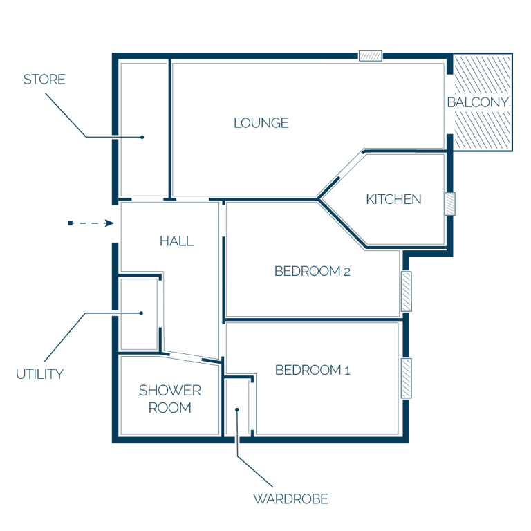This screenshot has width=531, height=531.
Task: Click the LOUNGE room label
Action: click(261, 123)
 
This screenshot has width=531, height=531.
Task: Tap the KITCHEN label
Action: click(394, 199)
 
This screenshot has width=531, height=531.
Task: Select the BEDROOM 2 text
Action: click(313, 271)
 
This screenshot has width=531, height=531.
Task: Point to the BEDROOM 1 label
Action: click(313, 370)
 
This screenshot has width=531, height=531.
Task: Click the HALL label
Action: click(176, 241)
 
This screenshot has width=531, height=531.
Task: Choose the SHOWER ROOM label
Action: click(170, 399)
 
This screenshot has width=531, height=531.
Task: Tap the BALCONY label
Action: click(478, 102)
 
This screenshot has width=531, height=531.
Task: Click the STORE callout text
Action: click(44, 80)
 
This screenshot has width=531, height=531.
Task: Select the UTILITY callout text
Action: click(39, 374)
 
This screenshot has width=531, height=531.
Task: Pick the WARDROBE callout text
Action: click(290, 499)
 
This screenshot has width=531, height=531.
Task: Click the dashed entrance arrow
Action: click(91, 223)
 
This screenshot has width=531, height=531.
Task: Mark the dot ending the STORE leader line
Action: click(142, 137)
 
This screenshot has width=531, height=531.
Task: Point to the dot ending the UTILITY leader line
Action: click(141, 313)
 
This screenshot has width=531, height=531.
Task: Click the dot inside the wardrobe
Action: click(237, 410)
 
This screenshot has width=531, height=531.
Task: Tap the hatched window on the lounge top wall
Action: click(371, 55)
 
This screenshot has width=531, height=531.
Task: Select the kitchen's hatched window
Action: click(449, 203)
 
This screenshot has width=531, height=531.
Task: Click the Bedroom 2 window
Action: click(407, 291)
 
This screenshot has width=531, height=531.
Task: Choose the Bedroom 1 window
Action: click(407, 378)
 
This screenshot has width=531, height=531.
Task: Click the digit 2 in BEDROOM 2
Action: click(347, 272)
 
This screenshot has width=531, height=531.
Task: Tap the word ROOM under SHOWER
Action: click(170, 408)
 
